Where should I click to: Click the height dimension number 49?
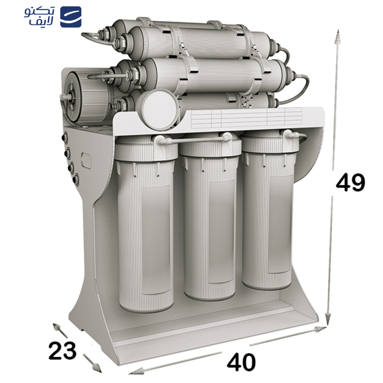click(350, 182)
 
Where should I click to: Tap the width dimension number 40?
click(241, 362)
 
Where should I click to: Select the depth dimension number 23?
click(62, 350)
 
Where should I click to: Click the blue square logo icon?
click(71, 17)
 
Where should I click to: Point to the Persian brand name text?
click(40, 17)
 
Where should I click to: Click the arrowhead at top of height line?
click(338, 37)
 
